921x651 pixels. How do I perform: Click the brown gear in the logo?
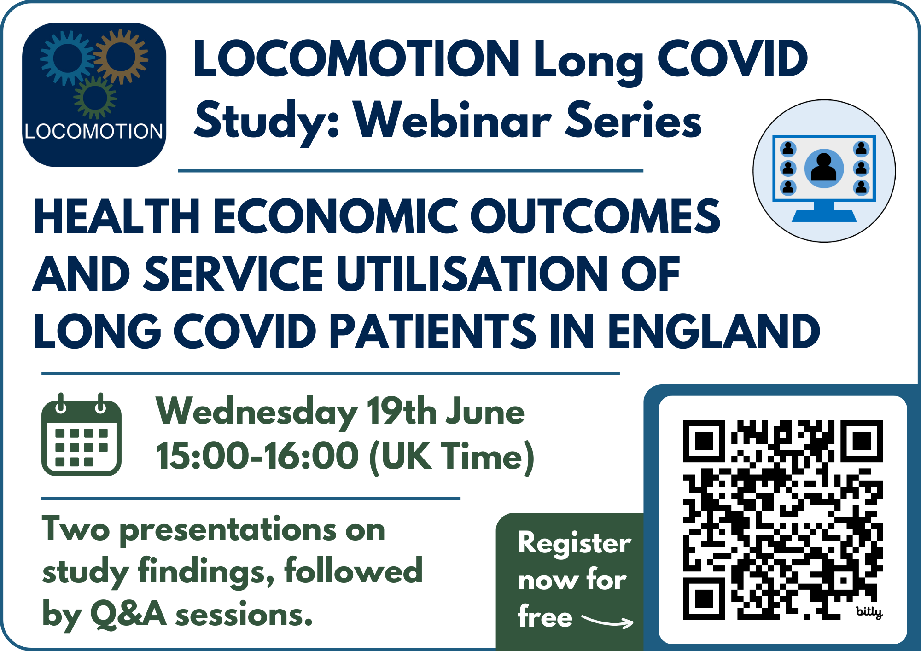pos(121,56)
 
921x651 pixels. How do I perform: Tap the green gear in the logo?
pos(95,98)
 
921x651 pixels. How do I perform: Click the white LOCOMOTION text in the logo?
pos(94,131)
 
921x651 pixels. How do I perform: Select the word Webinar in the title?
pos(453,121)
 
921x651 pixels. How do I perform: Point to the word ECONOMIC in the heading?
pos(335,216)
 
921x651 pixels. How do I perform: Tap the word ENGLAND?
pos(714,331)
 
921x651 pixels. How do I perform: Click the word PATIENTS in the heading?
pos(433,331)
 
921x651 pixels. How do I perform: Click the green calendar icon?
pos(82,434)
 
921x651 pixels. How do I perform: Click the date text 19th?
pos(401,411)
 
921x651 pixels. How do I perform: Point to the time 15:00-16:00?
pos(257,456)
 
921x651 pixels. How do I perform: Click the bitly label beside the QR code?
pos(869,612)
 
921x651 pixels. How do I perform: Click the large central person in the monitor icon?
pos(824,168)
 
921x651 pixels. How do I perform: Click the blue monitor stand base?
pos(824,215)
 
